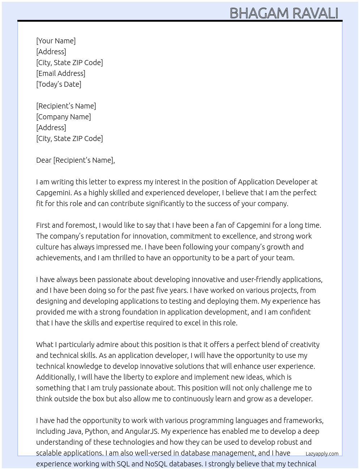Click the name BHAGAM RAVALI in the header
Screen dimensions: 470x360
[x=284, y=13]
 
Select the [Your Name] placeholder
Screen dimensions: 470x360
[x=56, y=41]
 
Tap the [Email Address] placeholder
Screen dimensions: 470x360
[x=61, y=73]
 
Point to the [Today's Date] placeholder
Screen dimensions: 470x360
[x=59, y=84]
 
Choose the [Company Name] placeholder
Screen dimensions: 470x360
[x=64, y=117]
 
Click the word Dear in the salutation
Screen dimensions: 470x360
[x=44, y=160]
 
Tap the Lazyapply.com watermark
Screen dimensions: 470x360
[x=322, y=454]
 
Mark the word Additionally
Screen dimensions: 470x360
[x=56, y=377]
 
